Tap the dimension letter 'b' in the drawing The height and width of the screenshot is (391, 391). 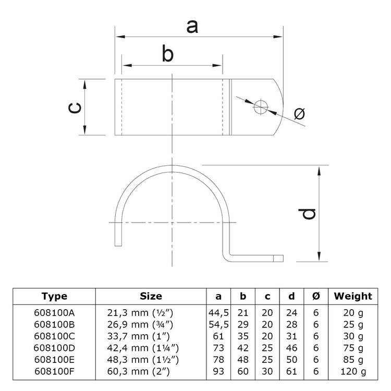tap(167, 55)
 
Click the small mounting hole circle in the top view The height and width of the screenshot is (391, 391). tap(260, 108)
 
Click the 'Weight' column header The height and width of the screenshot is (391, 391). tap(353, 296)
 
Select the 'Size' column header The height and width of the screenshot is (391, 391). tap(151, 296)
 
